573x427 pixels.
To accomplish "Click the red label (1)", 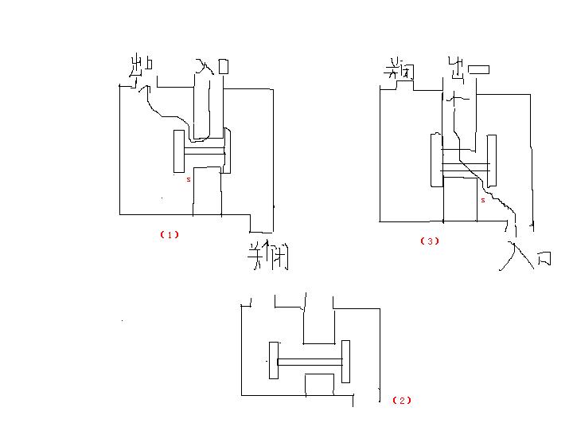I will coord(170,234).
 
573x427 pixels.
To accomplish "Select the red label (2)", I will coord(403,400).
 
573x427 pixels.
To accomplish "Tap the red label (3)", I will coord(430,241).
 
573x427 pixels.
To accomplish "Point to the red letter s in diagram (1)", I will coord(189,180).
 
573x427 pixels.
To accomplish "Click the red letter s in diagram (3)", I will coord(482,200).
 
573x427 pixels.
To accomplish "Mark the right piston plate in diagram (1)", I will coord(227,151).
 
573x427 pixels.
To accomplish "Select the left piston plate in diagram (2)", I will coord(274,361).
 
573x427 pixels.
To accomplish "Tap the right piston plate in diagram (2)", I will coord(345,362).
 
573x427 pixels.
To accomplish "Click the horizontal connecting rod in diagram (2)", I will coord(310,362).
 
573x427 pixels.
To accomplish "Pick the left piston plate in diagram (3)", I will coord(436,162).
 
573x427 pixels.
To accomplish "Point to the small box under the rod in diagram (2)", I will coord(319,382).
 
